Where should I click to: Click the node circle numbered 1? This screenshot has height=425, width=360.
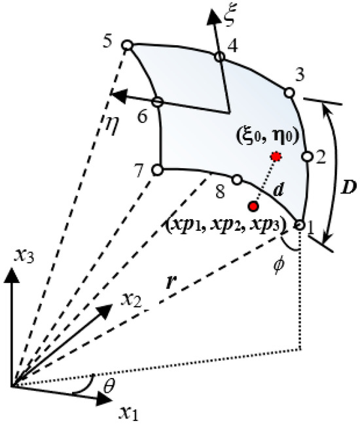coord(299,224)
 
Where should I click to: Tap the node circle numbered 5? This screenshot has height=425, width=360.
coord(128,45)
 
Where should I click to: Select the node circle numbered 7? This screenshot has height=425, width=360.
coord(157,170)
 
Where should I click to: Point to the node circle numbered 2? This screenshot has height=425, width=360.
coord(305,156)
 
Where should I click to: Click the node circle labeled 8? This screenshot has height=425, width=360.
coord(237,179)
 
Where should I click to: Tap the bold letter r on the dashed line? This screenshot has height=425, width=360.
coord(171,285)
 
